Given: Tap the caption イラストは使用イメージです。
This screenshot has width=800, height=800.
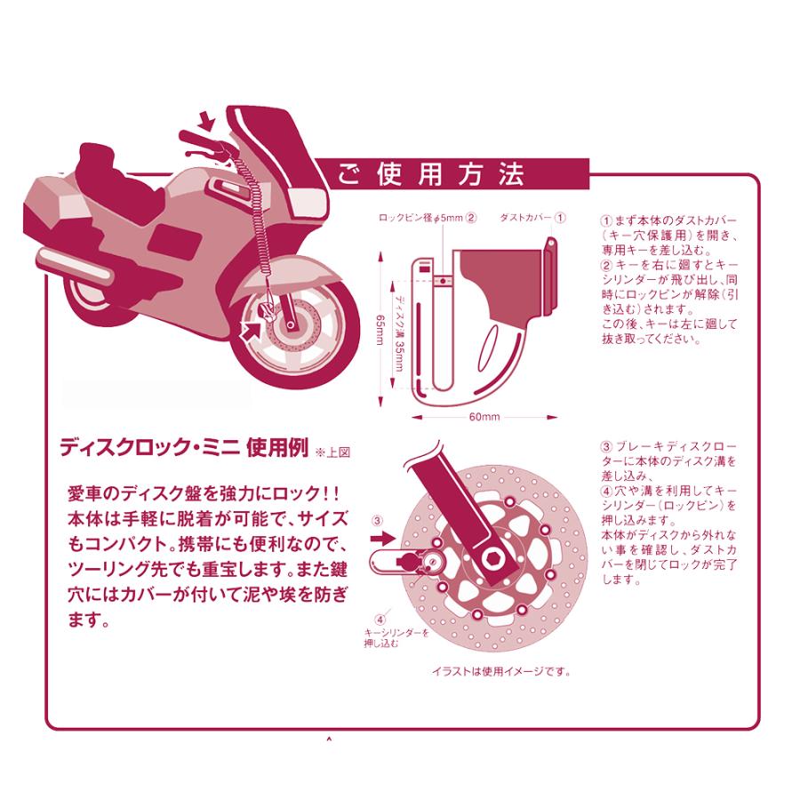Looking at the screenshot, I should [x=501, y=671].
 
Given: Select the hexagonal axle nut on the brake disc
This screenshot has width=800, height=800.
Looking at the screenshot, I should [x=494, y=557].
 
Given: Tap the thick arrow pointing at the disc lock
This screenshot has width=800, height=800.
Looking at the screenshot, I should [x=380, y=539].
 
